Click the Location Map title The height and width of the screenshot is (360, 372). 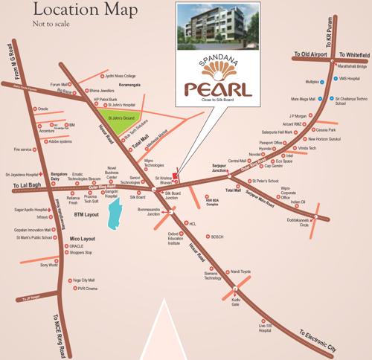63,13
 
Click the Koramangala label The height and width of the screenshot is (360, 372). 111,87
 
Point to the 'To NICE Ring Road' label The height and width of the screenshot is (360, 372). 65,329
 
